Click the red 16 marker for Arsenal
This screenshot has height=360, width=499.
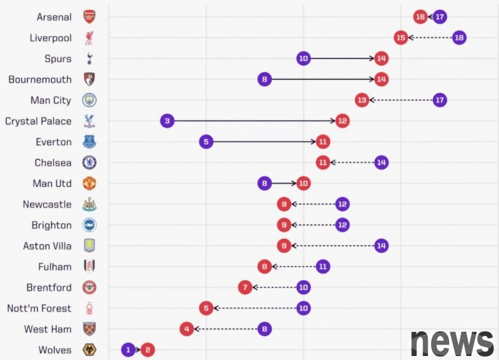coord(420,17)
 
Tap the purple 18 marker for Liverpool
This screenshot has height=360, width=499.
coord(459,37)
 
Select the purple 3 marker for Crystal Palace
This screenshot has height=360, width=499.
coord(168,121)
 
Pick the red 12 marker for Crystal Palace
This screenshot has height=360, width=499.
coord(342,121)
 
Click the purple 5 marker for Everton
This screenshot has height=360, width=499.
coord(206,142)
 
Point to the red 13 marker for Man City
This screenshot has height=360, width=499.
coord(362,100)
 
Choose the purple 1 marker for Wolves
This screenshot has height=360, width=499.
coord(128,349)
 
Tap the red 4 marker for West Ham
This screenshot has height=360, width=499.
coord(187,329)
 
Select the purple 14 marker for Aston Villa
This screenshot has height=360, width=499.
coord(381,246)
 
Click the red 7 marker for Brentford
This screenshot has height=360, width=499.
coord(246,287)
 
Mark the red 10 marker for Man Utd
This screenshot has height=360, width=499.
coord(303,183)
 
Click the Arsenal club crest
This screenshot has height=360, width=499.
coord(89,17)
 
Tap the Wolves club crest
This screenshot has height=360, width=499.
coord(89,349)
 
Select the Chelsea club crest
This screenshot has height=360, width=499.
coord(89,162)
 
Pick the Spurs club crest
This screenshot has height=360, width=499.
coord(89,59)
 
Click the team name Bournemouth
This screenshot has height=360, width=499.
coord(40,79)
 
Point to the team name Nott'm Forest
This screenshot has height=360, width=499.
coord(39,308)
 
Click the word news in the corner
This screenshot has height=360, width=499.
coord(452,342)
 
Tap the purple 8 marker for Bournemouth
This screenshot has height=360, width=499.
coord(265,79)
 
